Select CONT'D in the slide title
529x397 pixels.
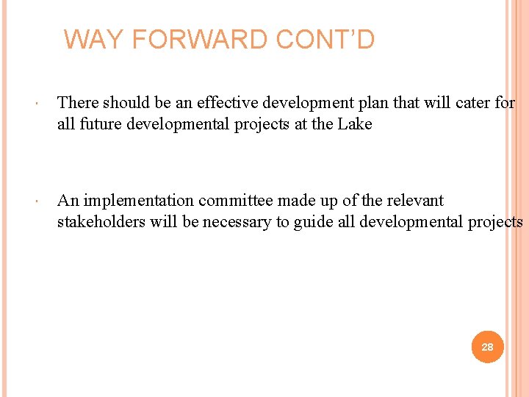pyautogui.click(x=325, y=39)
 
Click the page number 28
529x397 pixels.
pyautogui.click(x=487, y=346)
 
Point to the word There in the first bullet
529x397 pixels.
pyautogui.click(x=77, y=103)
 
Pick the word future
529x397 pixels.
pyautogui.click(x=100, y=124)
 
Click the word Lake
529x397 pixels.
pyautogui.click(x=355, y=124)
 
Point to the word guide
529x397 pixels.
pyautogui.click(x=313, y=222)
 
